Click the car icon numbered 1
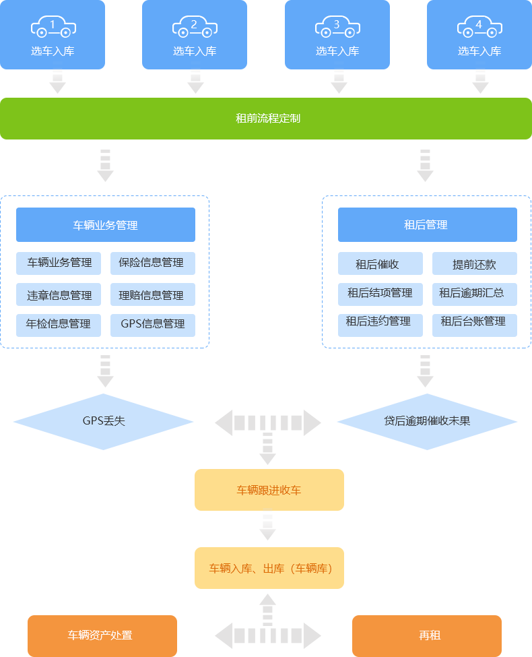(x=53, y=27)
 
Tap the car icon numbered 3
(x=337, y=27)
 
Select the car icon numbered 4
(x=479, y=27)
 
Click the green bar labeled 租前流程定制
(x=266, y=119)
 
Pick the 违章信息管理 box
(x=59, y=295)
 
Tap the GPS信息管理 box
(x=153, y=324)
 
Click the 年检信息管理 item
(x=59, y=324)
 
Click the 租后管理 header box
(x=427, y=225)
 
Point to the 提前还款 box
(x=474, y=264)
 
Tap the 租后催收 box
(x=380, y=264)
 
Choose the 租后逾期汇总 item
(x=474, y=293)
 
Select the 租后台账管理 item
(x=474, y=322)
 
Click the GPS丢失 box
(x=103, y=422)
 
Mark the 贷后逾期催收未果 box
(x=427, y=422)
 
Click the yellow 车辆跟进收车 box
(x=269, y=490)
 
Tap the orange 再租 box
(x=427, y=635)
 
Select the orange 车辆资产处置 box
(x=102, y=635)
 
